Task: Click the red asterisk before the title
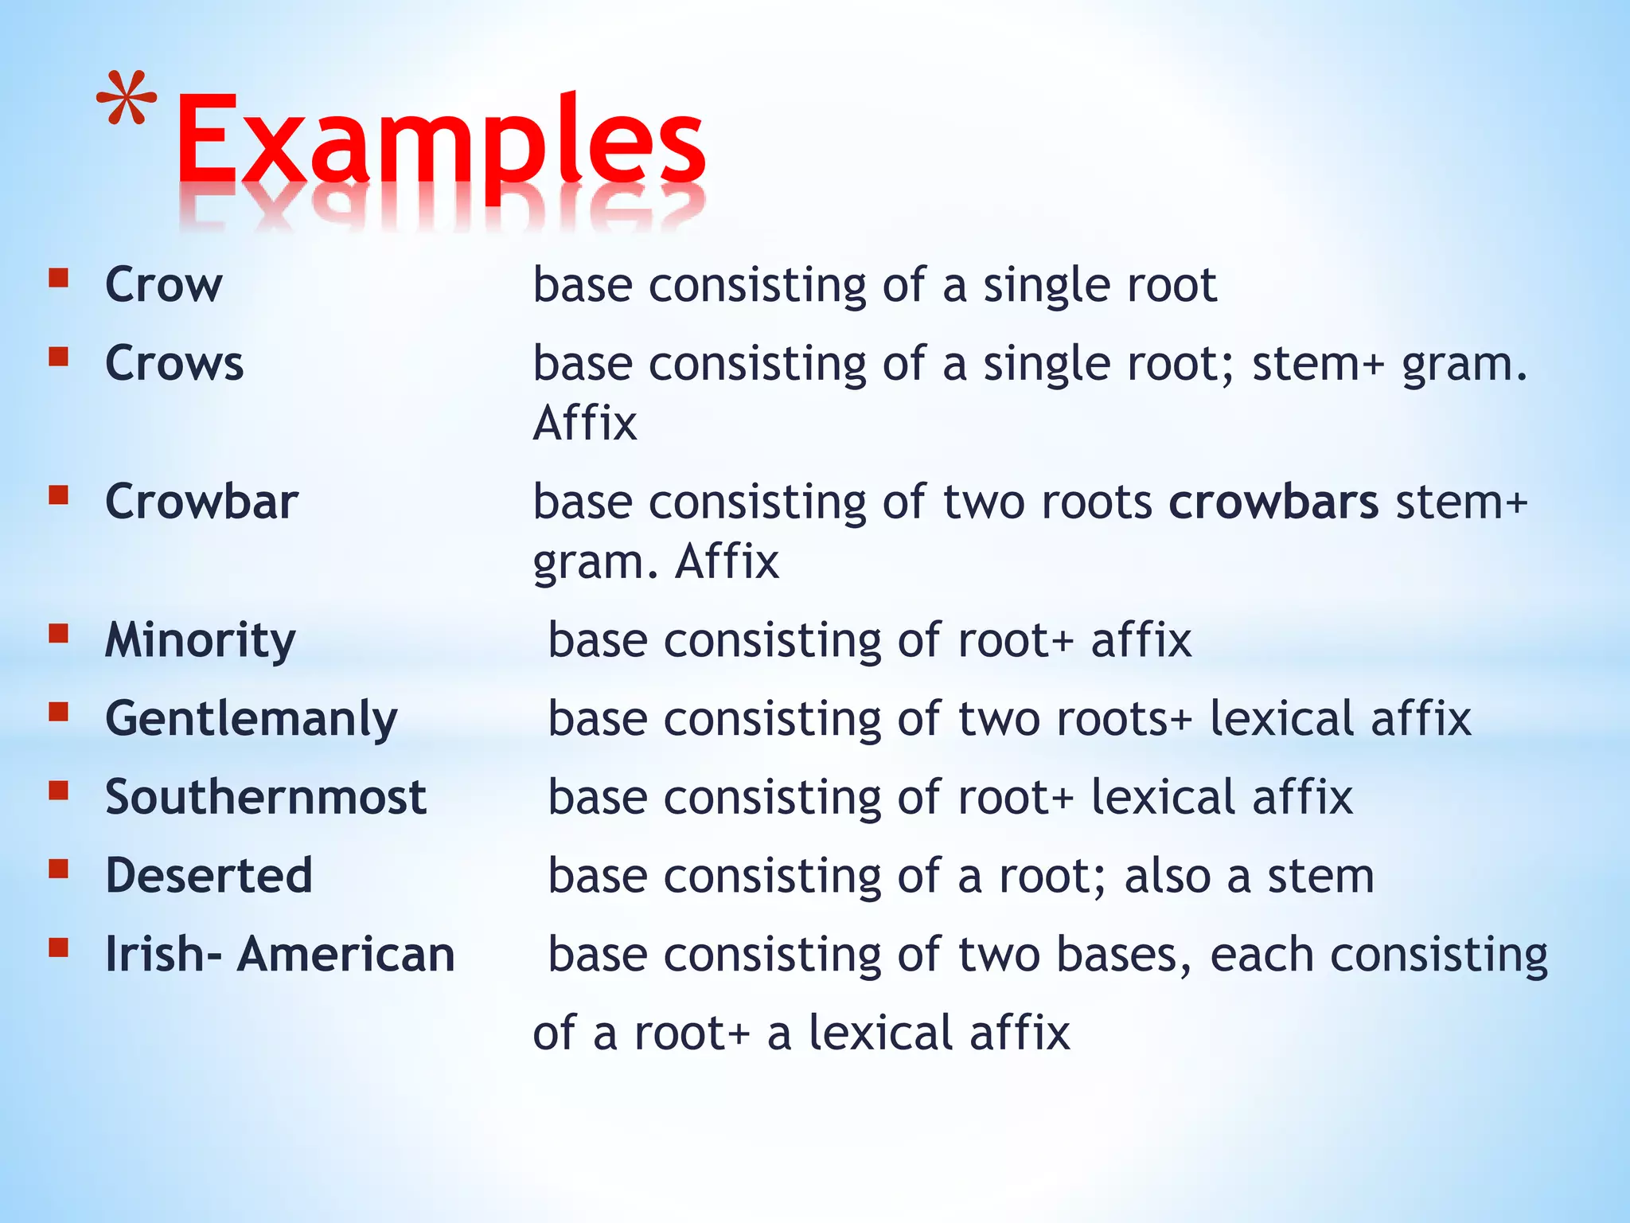(126, 99)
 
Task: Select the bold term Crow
(163, 284)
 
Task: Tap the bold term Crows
(174, 363)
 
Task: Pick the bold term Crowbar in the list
(201, 502)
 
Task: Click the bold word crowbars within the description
(1273, 502)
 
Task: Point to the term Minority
(200, 640)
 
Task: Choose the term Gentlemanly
(251, 719)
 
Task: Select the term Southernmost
(266, 797)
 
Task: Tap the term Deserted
(209, 876)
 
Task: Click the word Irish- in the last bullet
(163, 954)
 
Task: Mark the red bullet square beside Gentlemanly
(58, 711)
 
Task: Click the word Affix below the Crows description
(585, 423)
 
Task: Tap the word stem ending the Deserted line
(1320, 876)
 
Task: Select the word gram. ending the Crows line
(1464, 365)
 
